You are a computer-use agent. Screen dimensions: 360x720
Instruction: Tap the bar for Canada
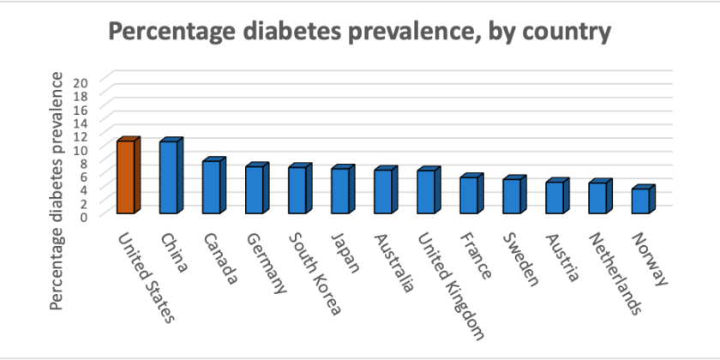tap(212, 187)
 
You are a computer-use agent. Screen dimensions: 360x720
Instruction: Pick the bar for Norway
tap(640, 201)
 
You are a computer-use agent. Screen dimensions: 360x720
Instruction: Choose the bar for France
tap(469, 195)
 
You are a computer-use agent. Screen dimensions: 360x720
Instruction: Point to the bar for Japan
tap(340, 190)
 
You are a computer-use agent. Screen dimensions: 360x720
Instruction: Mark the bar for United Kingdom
tap(426, 191)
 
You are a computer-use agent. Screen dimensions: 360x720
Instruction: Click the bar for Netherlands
tap(597, 197)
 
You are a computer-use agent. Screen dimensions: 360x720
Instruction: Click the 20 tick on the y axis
tap(84, 82)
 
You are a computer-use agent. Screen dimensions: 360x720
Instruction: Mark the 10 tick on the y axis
tap(84, 149)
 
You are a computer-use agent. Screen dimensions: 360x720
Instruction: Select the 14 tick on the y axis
tap(84, 123)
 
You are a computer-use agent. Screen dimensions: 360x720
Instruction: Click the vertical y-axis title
tap(56, 190)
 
